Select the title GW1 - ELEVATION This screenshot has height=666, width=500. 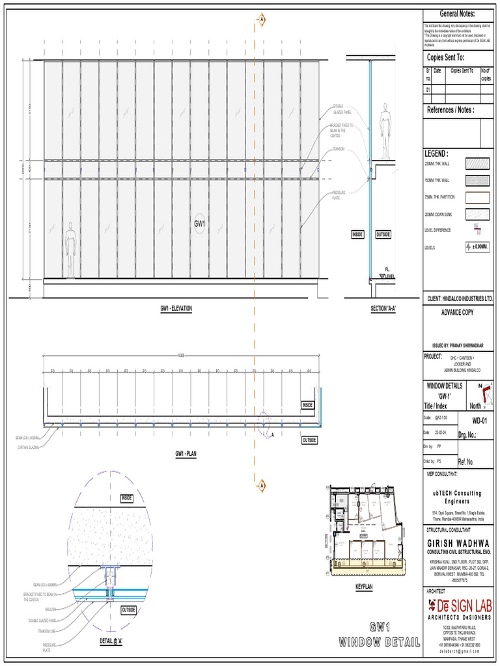click(176, 308)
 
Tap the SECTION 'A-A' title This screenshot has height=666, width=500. click(383, 308)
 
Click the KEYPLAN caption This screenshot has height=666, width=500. click(364, 587)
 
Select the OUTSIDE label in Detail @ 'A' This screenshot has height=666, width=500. click(128, 609)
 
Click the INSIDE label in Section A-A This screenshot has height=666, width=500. click(357, 234)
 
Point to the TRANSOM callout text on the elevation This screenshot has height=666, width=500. click(338, 149)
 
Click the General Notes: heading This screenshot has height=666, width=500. click(457, 14)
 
